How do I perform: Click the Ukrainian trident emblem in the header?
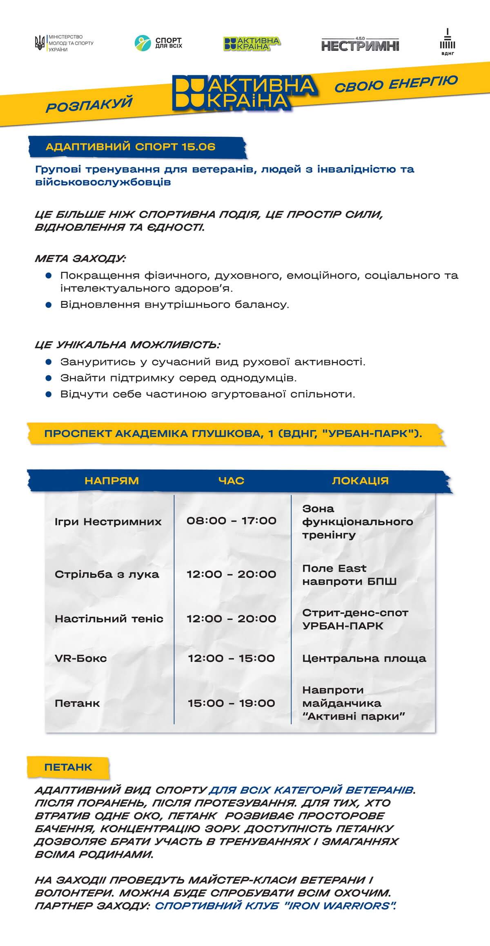pos(40,43)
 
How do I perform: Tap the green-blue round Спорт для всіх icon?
pos(143,43)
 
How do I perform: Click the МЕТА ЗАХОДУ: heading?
pos(80,259)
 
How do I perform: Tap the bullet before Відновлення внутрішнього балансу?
pos(49,305)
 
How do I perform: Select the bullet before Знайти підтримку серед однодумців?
pos(49,378)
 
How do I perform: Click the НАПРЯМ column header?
pos(111,481)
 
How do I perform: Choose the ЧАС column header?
pos(231,481)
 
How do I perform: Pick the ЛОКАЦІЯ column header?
pos(360,481)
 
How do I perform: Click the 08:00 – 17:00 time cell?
pos(232,521)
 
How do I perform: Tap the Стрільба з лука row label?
pos(107,574)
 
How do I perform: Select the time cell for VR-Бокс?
pos(232,658)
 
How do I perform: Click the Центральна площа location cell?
pos(364,658)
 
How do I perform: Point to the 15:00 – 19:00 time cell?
pos(232,703)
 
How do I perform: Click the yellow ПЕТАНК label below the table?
pos(68,767)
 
